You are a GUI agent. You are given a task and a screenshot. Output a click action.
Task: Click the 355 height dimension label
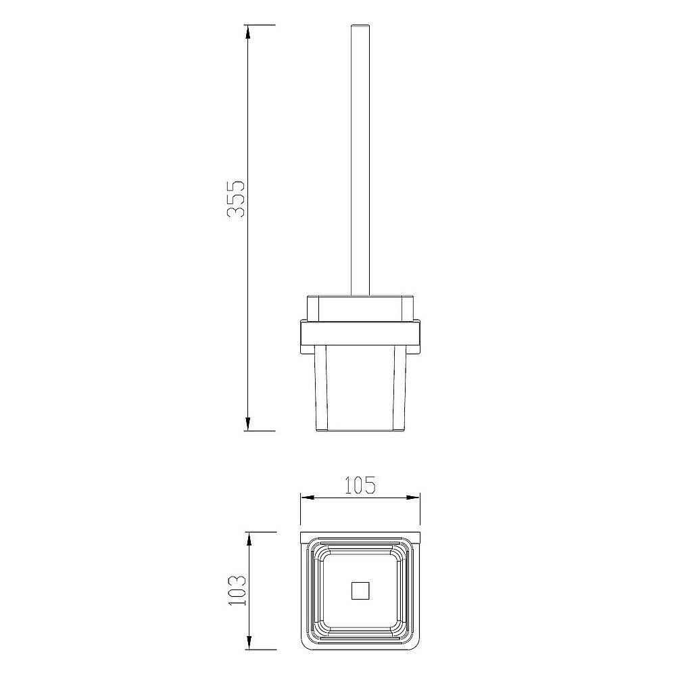pos(236,199)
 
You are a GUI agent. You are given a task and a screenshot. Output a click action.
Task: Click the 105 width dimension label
pos(360,485)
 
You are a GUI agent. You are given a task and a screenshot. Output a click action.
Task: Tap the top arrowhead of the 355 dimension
pos(247,32)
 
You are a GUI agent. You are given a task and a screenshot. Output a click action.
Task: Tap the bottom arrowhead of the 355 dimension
pos(247,423)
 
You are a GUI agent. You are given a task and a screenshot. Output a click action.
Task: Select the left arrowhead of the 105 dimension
pos(308,497)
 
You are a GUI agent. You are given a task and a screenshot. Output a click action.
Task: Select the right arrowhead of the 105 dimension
pos(413,497)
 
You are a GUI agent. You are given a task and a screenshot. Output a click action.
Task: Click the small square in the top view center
pos(360,591)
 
